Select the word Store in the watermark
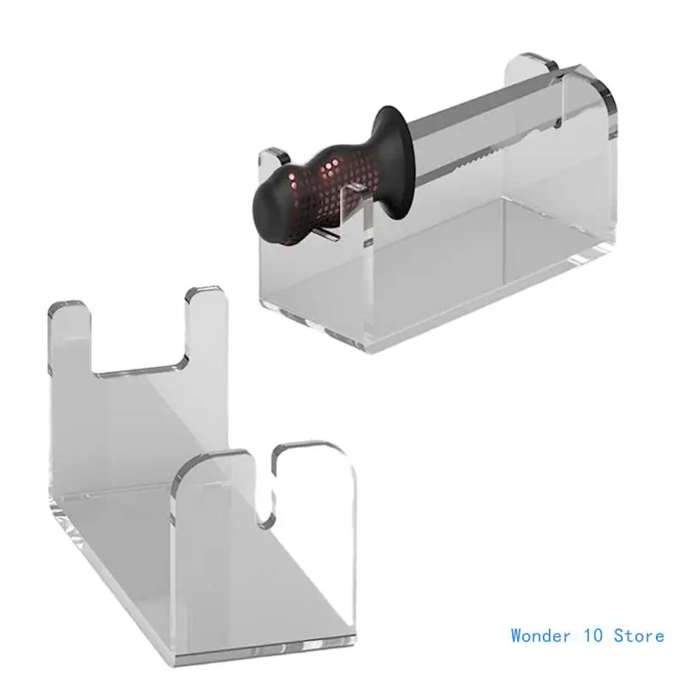click(639, 635)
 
